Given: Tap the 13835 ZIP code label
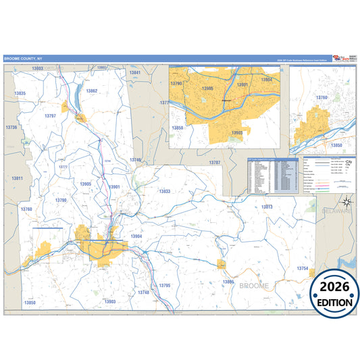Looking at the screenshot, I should [20, 93].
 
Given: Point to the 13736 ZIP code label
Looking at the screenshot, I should [11, 127].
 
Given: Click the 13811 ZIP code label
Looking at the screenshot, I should [17, 178].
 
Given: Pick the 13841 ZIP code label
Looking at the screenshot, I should [135, 72].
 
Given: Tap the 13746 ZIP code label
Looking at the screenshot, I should [136, 160].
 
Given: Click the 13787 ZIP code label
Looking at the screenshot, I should [214, 163].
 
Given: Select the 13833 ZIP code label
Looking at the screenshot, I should [164, 192].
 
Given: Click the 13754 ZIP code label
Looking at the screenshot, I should [302, 269].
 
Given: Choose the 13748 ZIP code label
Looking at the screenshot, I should [143, 292].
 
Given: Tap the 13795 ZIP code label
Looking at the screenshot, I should [165, 286].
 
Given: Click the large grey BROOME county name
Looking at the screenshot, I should [253, 286].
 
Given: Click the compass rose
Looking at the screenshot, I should [346, 200].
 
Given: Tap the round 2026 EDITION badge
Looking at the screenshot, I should [336, 292].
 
